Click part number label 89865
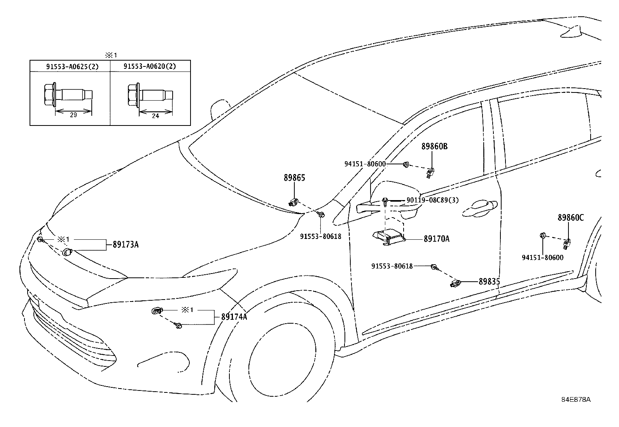(294, 178)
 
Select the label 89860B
(434, 146)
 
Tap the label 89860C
(570, 218)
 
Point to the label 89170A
(436, 239)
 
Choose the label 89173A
(126, 245)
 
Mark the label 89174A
(234, 317)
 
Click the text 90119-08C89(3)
(432, 200)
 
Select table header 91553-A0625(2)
(72, 66)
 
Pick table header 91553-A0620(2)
(150, 66)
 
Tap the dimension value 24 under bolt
(155, 116)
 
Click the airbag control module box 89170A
(389, 237)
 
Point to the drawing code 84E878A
(575, 399)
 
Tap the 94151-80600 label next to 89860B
(365, 164)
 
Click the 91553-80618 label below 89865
(320, 236)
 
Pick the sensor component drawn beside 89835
(456, 283)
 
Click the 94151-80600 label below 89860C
(542, 257)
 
